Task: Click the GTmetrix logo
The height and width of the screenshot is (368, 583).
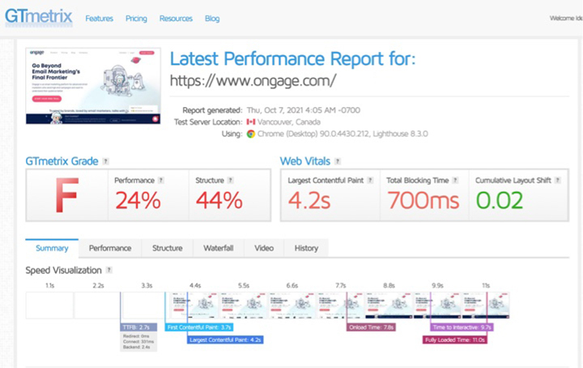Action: click(x=38, y=15)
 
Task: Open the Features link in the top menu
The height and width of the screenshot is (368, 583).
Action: click(x=100, y=19)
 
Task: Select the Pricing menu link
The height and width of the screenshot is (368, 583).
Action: click(x=136, y=19)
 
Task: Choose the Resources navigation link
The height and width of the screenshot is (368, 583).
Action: click(x=176, y=19)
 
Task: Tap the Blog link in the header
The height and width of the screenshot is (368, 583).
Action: click(x=212, y=19)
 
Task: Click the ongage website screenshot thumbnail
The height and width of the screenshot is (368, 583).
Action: click(x=93, y=86)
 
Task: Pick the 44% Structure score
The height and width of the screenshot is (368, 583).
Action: click(x=219, y=200)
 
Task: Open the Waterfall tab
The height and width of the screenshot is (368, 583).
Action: click(x=218, y=248)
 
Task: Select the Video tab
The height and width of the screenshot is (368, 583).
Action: click(x=263, y=248)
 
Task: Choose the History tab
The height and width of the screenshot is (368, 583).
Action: click(x=306, y=248)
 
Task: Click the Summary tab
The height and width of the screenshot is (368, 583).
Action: click(x=52, y=248)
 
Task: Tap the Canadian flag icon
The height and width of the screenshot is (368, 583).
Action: click(x=251, y=122)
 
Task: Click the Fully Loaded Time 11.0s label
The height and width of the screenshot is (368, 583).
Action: click(x=455, y=340)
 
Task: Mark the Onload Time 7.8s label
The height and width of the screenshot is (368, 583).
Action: click(x=371, y=327)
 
